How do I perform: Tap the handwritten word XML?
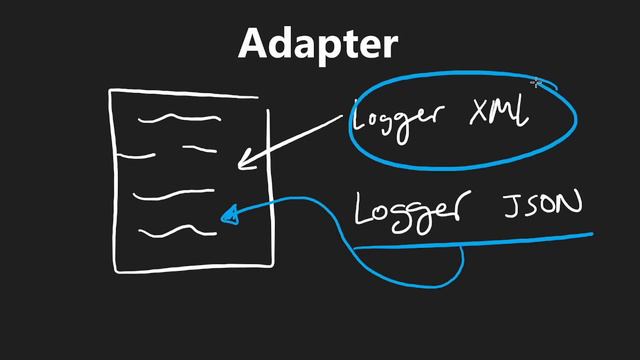[x=499, y=115]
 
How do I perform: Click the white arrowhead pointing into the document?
[x=246, y=159]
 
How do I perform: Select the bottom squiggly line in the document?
[x=177, y=232]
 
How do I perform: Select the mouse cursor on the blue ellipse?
[x=537, y=85]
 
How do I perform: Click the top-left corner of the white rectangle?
[x=111, y=91]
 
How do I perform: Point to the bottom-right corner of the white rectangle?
[x=272, y=265]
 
